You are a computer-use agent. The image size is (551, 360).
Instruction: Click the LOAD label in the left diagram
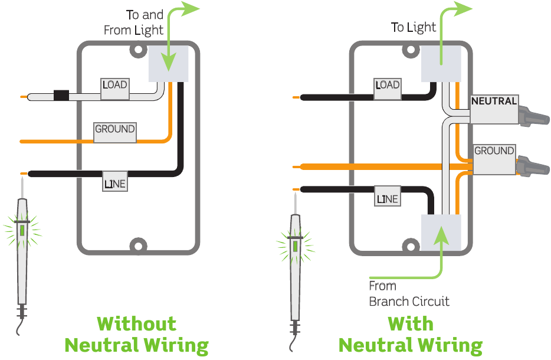tap(114, 86)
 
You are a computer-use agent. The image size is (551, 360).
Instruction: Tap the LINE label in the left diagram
tap(115, 184)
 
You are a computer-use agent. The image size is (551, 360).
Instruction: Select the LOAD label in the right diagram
tap(387, 86)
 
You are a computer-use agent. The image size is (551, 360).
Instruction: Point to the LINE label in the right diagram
tap(388, 199)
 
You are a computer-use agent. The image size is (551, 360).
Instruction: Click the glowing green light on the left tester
tap(22, 230)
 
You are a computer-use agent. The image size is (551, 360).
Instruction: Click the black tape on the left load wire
tap(61, 96)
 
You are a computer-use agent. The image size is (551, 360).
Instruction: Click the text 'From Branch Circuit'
tap(408, 294)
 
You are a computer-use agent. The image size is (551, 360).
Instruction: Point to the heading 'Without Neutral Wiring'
tap(136, 334)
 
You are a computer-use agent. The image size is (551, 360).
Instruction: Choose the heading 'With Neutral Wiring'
tap(410, 334)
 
